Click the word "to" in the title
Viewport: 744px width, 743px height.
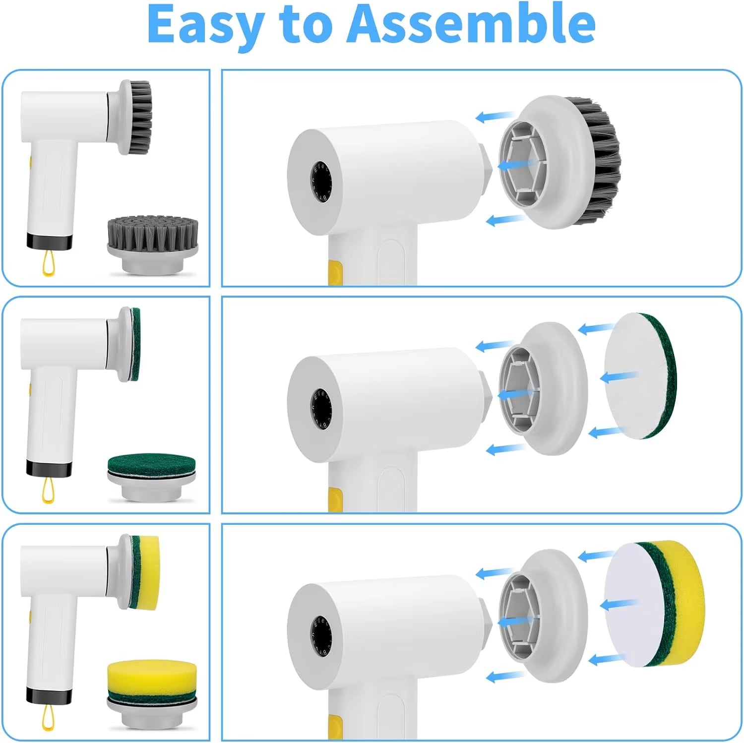(305, 24)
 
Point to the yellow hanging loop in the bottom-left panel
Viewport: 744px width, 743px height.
(48, 718)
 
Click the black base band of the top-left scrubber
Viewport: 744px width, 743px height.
(49, 242)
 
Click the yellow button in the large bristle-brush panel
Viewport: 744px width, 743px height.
(335, 273)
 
